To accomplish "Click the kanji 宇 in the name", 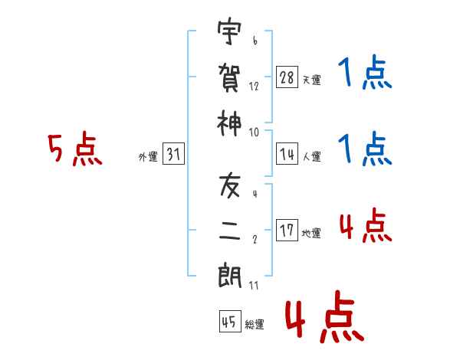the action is (229, 31).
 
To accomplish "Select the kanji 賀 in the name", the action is (229, 77).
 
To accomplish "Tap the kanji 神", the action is (229, 123).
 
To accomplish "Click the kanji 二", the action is (229, 231).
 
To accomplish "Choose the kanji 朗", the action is (229, 277).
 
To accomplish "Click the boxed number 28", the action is (287, 77).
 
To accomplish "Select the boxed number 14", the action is (287, 154).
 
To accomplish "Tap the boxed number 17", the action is (287, 230).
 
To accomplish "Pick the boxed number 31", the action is (173, 154).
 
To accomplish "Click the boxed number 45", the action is (230, 321).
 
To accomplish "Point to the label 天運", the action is (312, 80).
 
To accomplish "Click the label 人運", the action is (312, 156).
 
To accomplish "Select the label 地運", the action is (311, 233).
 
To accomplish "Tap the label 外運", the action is (148, 157).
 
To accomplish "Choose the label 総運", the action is (255, 324).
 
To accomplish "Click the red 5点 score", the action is (75, 149).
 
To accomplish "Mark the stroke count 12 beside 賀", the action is (254, 87).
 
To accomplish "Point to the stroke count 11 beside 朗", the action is (254, 285).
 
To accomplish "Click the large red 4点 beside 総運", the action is (325, 316).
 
